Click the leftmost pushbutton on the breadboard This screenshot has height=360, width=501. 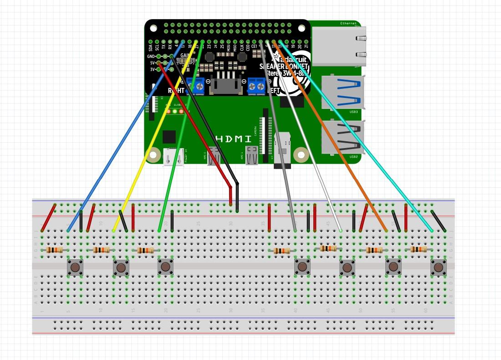[x=75, y=267]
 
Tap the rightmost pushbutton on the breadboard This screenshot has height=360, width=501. [x=439, y=267]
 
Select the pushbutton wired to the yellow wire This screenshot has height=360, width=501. [x=120, y=267]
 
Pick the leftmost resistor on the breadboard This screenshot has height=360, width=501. [x=55, y=250]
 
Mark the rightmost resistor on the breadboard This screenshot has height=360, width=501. [x=419, y=249]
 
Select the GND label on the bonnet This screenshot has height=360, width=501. [x=151, y=57]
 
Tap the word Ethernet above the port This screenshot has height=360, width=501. [x=348, y=23]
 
